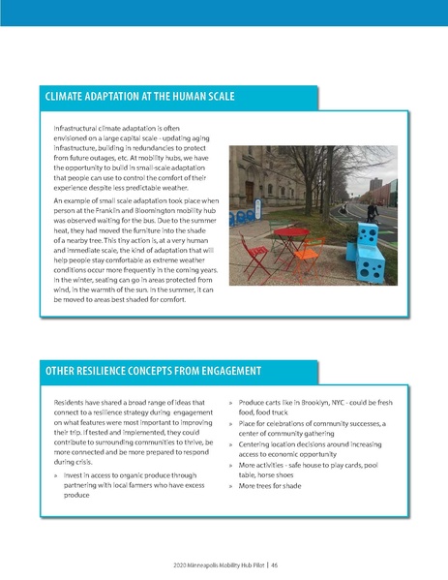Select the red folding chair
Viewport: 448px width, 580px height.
tap(256, 259)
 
